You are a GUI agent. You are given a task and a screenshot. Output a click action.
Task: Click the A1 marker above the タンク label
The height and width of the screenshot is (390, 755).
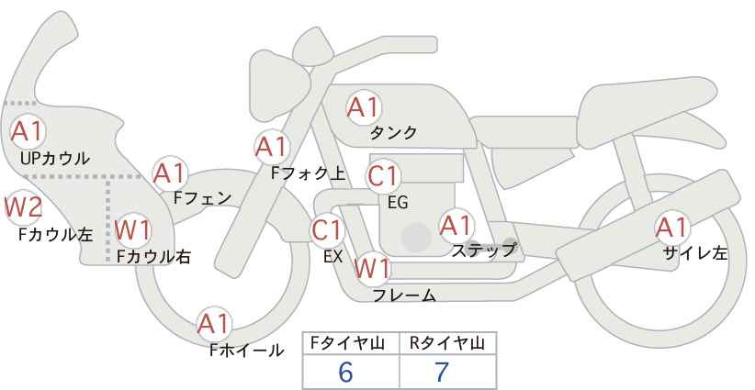click(x=364, y=107)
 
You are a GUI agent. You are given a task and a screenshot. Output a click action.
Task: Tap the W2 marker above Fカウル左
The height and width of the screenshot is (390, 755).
click(x=24, y=207)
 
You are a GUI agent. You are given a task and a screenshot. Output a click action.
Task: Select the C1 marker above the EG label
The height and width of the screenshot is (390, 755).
click(x=383, y=176)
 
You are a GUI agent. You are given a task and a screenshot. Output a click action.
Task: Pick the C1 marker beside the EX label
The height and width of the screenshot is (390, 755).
click(x=327, y=231)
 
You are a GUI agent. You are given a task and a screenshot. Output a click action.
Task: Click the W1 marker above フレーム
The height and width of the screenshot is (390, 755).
click(x=372, y=268)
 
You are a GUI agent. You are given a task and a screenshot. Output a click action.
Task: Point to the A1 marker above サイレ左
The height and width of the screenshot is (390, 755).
click(x=671, y=228)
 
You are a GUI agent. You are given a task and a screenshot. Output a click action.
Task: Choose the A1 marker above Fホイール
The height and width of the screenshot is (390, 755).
click(x=214, y=324)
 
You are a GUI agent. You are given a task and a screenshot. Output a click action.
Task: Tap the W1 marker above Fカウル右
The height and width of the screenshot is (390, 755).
click(x=133, y=229)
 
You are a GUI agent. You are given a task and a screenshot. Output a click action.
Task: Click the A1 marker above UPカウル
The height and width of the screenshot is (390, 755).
click(x=28, y=131)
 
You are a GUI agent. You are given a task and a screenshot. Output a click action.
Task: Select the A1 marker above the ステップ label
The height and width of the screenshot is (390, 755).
click(x=456, y=226)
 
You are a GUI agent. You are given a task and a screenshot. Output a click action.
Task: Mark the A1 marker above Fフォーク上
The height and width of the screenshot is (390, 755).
click(x=272, y=147)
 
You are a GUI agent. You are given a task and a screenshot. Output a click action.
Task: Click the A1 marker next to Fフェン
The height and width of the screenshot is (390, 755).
click(x=170, y=173)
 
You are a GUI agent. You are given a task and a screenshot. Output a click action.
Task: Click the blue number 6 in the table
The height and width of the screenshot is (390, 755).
click(x=345, y=372)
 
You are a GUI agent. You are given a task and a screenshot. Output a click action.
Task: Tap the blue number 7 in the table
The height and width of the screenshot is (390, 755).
click(x=442, y=372)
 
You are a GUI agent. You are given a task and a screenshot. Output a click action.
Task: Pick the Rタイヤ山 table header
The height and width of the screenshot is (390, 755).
click(x=447, y=343)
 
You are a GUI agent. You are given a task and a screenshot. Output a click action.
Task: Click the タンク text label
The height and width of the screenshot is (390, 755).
click(x=393, y=132)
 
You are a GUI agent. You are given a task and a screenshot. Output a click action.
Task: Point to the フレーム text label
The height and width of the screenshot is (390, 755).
click(x=405, y=295)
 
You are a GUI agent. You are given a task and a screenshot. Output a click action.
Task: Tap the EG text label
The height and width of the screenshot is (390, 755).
click(x=398, y=203)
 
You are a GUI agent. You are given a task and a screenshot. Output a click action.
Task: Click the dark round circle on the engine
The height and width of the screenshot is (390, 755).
click(x=416, y=237)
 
